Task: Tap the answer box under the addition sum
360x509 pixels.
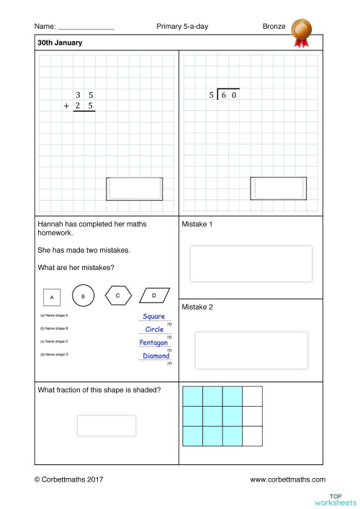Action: [x=134, y=189]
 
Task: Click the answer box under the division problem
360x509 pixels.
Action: [x=278, y=189]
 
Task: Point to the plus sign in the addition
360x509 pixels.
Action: [x=67, y=106]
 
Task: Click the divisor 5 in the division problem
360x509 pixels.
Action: [x=212, y=95]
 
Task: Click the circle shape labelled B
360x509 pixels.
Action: [x=84, y=296]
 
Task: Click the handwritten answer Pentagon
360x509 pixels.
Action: [x=154, y=343]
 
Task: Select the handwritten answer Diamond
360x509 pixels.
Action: [x=156, y=356]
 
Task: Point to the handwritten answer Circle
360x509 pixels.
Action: [x=154, y=330]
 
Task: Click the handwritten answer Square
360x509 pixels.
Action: [x=154, y=317]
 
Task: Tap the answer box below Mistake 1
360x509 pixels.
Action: [x=251, y=263]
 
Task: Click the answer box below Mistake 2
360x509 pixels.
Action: [x=251, y=350]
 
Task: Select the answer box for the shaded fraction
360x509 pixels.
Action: [x=107, y=425]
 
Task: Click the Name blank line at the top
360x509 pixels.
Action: [x=86, y=27]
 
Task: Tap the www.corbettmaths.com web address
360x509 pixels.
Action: [x=287, y=479]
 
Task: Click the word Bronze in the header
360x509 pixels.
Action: [x=274, y=27]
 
